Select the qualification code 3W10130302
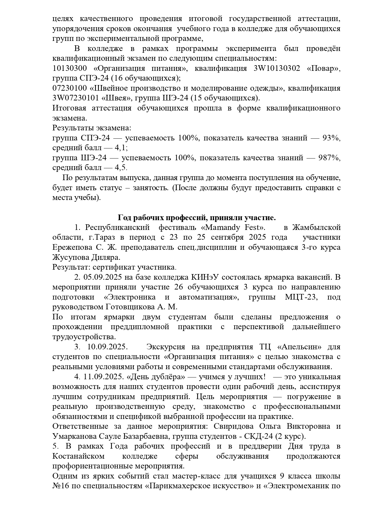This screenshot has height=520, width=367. pos(277,68)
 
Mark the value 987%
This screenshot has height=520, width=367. pos(329,158)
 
